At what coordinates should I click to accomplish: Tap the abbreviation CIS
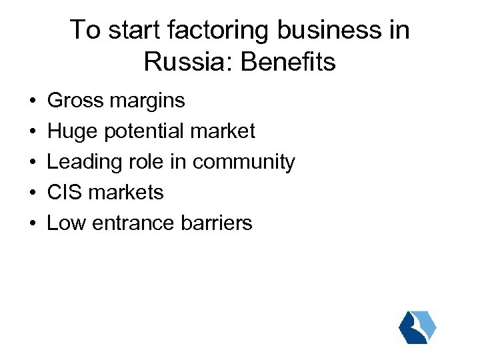[65, 192]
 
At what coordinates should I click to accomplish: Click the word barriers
[217, 223]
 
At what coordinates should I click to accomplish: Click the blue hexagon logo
[417, 327]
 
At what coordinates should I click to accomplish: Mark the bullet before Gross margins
[32, 101]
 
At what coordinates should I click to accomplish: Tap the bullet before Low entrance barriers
[32, 223]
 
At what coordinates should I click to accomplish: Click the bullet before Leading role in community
[32, 163]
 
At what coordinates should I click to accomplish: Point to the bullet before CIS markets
[32, 193]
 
